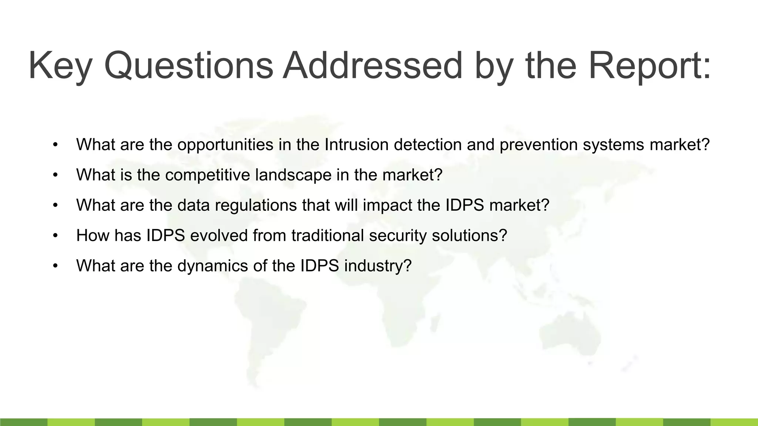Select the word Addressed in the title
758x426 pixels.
coord(372,66)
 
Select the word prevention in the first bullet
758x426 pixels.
coord(539,145)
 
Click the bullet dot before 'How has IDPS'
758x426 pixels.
coord(56,236)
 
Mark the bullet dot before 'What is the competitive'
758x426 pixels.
coord(56,175)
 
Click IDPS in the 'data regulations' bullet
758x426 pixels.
coord(464,205)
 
